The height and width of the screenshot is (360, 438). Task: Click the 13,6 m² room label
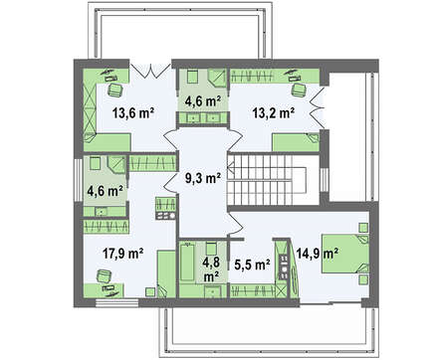tap(132, 113)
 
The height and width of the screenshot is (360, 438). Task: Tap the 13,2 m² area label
tap(274, 113)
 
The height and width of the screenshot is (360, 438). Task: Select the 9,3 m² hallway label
tap(203, 178)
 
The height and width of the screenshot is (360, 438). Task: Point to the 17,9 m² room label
tap(122, 254)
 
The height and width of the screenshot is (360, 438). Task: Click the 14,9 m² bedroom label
tap(318, 254)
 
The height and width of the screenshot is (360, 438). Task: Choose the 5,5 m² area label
tap(252, 265)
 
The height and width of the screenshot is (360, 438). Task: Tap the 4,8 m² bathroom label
tap(211, 269)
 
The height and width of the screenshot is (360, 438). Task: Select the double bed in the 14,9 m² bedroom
tap(345, 254)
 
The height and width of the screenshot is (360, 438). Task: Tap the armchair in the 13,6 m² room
tap(115, 90)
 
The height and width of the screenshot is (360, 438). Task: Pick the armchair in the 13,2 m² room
tap(299, 90)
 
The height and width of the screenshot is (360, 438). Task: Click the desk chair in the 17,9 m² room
tap(105, 276)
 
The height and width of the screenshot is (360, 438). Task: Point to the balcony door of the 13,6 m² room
tap(150, 71)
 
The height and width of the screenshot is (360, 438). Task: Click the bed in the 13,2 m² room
tap(296, 142)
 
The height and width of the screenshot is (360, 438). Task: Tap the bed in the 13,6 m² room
tap(107, 142)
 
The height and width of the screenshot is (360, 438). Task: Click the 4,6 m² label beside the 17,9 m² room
tap(105, 191)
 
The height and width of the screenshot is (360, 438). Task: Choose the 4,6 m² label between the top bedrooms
tap(203, 100)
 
